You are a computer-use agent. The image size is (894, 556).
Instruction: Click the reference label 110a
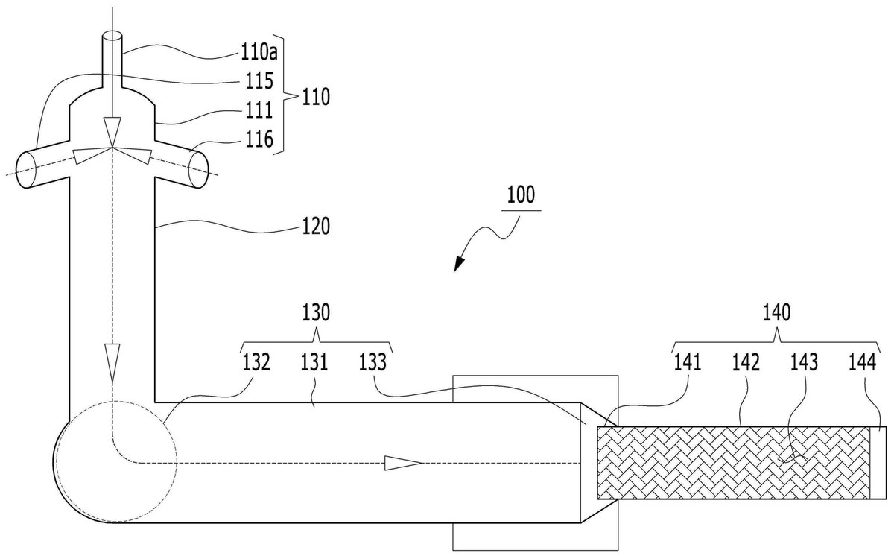coord(259,52)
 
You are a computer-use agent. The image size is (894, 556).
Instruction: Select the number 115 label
coord(259,80)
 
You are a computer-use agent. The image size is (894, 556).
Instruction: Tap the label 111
coord(259,110)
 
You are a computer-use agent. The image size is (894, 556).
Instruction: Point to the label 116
coord(259,139)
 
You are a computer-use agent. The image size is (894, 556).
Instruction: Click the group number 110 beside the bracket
coord(316,97)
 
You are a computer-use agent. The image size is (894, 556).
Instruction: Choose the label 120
coord(316,226)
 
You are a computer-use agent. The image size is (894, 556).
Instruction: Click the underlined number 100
coord(521,195)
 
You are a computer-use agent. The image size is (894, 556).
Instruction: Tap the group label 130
coord(316,312)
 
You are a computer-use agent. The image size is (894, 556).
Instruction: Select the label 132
coord(256,362)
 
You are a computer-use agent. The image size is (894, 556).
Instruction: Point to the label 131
coord(314,362)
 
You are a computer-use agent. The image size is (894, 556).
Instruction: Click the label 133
coord(372,362)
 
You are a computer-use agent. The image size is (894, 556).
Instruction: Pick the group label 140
coord(776,312)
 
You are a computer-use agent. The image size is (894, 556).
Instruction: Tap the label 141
coord(687,362)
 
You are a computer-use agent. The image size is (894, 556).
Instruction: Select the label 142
coord(746,362)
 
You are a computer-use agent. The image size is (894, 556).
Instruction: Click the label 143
coord(804,362)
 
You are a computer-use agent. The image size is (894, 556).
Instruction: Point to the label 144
coord(863,362)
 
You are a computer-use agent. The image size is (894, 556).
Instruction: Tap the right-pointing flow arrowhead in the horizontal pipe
coord(403,463)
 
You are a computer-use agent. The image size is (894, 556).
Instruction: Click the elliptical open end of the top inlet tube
coord(112,36)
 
